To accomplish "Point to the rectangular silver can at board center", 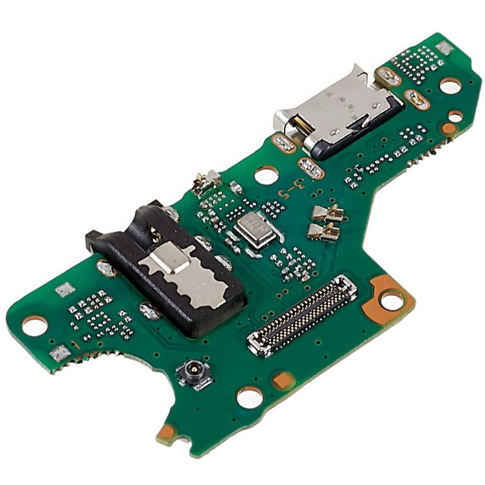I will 255,230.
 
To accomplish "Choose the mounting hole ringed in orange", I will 391,299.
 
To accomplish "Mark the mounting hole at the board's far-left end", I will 34,325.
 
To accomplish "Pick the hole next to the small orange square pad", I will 250,397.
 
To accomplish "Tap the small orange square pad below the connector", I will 282,380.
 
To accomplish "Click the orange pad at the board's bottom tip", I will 167,431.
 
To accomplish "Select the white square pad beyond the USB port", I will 443,47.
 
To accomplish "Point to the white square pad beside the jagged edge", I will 59,352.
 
